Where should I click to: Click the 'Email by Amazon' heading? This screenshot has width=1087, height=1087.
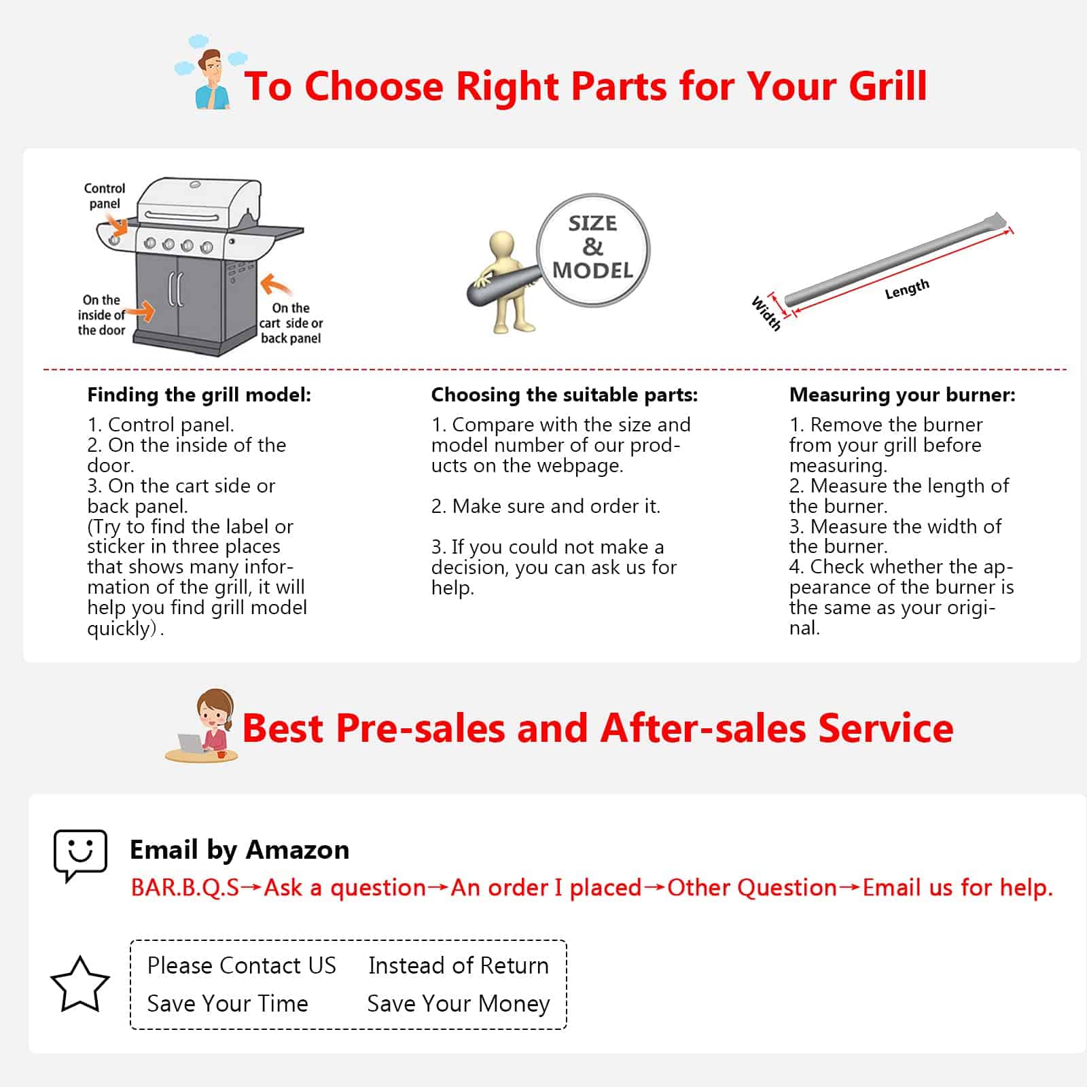[x=239, y=850]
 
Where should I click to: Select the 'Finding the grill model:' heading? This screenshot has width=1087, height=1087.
[x=199, y=395]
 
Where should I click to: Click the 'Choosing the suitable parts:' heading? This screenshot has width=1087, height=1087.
[x=565, y=395]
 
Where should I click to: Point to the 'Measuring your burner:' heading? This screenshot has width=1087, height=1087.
[x=902, y=395]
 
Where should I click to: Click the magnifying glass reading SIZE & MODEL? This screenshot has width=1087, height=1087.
[x=592, y=250]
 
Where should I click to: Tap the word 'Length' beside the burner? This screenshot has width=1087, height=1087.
[x=907, y=289]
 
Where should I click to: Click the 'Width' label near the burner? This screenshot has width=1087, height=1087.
[x=766, y=313]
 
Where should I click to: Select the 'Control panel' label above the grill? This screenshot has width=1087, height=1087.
[x=105, y=196]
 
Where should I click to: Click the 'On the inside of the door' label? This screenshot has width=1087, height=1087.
[x=101, y=315]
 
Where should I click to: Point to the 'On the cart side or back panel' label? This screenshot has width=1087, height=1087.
[x=291, y=323]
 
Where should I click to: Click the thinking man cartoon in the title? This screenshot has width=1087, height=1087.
[x=210, y=73]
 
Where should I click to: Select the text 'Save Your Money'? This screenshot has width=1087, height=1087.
[x=459, y=1003]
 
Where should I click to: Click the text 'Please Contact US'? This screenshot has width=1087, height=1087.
[x=242, y=965]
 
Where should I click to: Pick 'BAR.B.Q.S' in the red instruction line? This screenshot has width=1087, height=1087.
[x=185, y=888]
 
